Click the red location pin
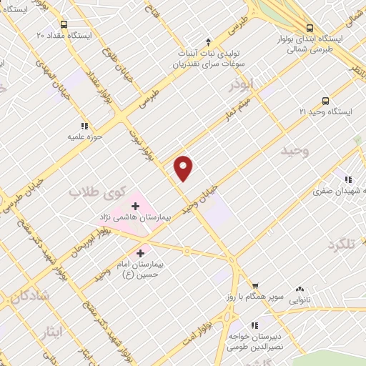tap(184, 168)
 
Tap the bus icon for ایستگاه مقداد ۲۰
tap(64, 24)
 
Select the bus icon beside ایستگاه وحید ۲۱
tap(326, 101)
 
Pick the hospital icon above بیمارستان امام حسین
tap(141, 252)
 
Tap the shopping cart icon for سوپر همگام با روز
tap(255, 285)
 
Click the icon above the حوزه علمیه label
tap(85, 126)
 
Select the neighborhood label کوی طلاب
tap(97, 192)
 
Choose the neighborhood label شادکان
tap(30, 294)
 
